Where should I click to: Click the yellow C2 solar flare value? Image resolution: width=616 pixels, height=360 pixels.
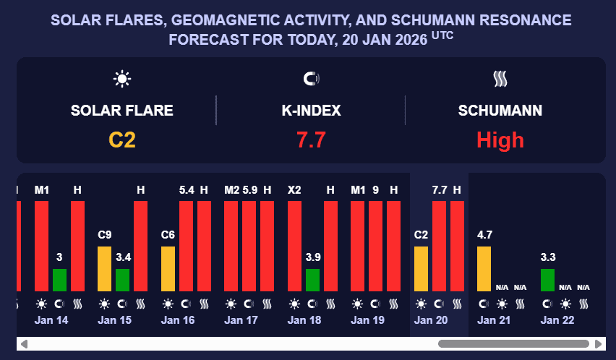pyautogui.click(x=122, y=139)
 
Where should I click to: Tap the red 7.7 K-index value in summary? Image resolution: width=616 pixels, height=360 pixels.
pyautogui.click(x=311, y=139)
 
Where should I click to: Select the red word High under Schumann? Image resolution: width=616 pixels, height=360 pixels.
pyautogui.click(x=500, y=139)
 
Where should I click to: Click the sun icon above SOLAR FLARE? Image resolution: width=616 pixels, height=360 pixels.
pyautogui.click(x=122, y=79)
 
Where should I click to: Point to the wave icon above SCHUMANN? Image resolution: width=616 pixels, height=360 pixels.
pyautogui.click(x=500, y=79)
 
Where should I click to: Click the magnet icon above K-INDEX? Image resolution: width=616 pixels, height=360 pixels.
pyautogui.click(x=311, y=79)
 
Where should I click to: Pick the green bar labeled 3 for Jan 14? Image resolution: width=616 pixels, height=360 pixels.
pyautogui.click(x=59, y=280)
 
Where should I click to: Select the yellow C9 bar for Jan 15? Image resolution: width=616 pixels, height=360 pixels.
pyautogui.click(x=105, y=268)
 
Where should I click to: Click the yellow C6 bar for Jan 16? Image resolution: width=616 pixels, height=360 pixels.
pyautogui.click(x=168, y=268)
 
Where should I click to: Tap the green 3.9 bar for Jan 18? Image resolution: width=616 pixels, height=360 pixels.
pyautogui.click(x=312, y=280)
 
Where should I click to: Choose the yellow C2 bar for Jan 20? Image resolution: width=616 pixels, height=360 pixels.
pyautogui.click(x=421, y=268)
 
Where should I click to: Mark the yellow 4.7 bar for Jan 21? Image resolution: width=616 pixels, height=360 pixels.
pyautogui.click(x=484, y=268)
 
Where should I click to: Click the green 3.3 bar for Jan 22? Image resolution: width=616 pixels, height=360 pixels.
pyautogui.click(x=547, y=280)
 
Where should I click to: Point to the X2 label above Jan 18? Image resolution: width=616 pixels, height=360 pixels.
pyautogui.click(x=295, y=190)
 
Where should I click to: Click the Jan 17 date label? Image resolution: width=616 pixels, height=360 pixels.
pyautogui.click(x=241, y=320)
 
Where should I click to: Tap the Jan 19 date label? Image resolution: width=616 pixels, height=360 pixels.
pyautogui.click(x=368, y=320)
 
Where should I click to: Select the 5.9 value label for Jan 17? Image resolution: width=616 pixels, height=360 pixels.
pyautogui.click(x=249, y=190)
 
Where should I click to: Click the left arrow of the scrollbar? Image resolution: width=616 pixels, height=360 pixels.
pyautogui.click(x=23, y=343)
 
